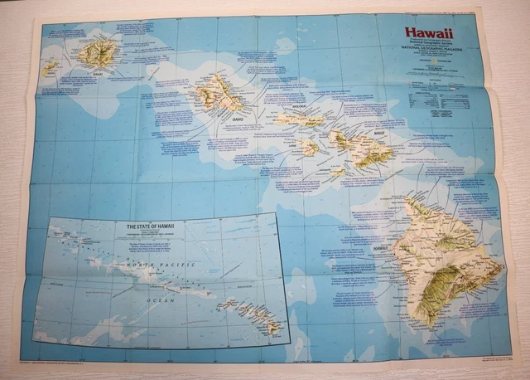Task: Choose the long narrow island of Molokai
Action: (298, 119)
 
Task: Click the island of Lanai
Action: (310, 148)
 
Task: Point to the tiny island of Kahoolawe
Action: (338, 172)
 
